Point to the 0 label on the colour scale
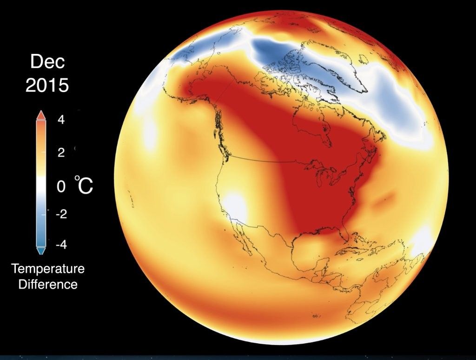[x=61, y=187]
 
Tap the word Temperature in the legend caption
[x=48, y=269]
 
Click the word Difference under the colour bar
[x=48, y=284]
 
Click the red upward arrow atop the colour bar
[x=40, y=115]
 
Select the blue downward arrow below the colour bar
[x=40, y=251]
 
